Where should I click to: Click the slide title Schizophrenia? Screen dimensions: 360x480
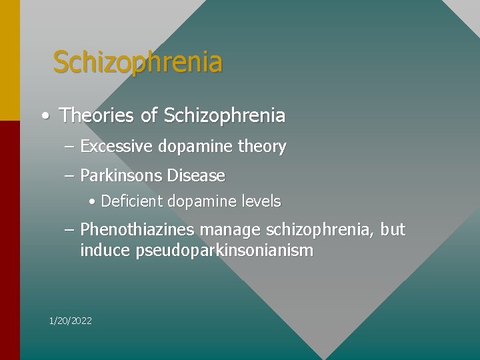tap(137, 63)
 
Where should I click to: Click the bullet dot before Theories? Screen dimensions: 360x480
tap(44, 116)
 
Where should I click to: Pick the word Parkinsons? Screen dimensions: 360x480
tap(121, 176)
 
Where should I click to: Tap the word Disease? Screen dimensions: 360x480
tap(196, 176)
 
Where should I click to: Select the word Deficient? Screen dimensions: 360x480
tap(131, 201)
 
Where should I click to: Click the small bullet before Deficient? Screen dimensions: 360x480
tap(92, 201)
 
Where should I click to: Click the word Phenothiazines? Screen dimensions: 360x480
tap(137, 230)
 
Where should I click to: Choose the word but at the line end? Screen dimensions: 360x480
tap(393, 230)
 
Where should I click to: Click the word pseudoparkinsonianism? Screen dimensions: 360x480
tap(224, 251)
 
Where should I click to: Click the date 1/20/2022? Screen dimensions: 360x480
tap(71, 321)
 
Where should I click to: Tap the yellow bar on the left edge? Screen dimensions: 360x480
tap(9, 60)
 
